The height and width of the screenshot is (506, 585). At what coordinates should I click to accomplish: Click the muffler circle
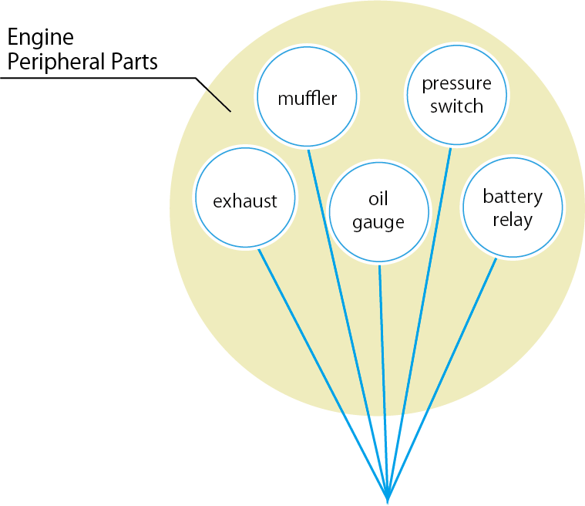(x=308, y=99)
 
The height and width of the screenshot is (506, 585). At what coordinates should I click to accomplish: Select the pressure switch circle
(x=457, y=95)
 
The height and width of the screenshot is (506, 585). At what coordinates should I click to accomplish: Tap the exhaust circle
(x=245, y=201)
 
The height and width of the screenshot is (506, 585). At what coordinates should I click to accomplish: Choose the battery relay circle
(x=513, y=207)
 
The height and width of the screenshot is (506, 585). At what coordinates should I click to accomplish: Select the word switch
(x=457, y=106)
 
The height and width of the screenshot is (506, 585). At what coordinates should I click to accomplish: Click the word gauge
(x=378, y=224)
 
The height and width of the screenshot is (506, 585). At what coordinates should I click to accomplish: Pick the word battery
(x=513, y=197)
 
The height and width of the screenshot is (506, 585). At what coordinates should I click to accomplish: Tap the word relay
(x=513, y=220)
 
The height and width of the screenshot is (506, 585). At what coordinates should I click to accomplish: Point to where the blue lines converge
(x=388, y=494)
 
